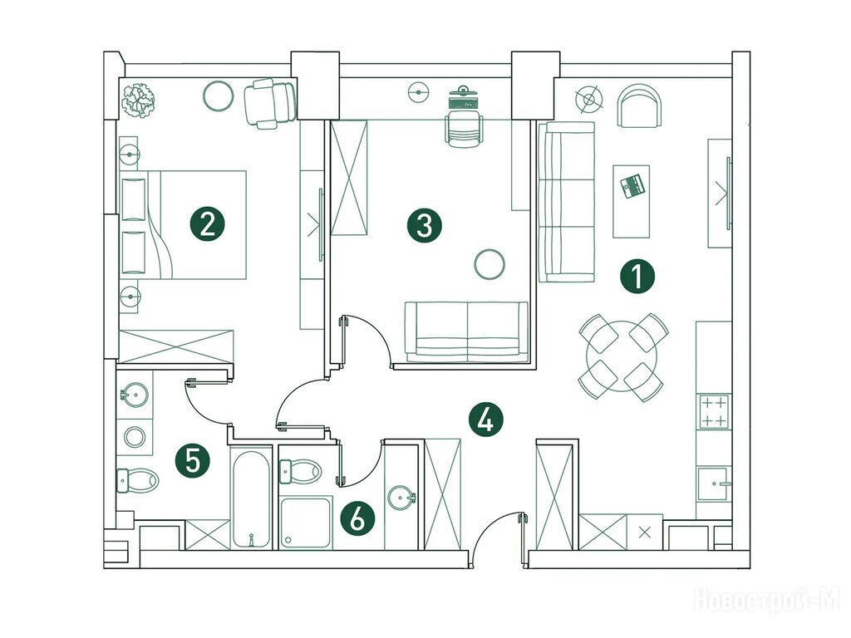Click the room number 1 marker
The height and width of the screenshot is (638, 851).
click(637, 276)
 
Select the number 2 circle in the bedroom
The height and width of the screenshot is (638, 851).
click(207, 223)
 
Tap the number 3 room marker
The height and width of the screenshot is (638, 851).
click(425, 224)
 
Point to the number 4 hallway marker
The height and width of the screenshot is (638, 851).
click(485, 420)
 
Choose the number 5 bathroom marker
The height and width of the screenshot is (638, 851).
click(193, 460)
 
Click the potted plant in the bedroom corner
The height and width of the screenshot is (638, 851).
click(139, 101)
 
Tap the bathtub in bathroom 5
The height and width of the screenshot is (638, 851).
click(250, 498)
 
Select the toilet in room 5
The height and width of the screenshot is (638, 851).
click(138, 480)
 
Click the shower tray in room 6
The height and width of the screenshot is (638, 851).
click(306, 523)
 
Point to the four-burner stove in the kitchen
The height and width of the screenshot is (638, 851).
click(714, 412)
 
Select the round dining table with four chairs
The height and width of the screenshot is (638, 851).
click(622, 357)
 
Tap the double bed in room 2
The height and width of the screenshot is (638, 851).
click(183, 224)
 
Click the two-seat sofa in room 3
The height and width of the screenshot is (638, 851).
click(466, 332)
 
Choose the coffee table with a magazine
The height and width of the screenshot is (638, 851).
click(632, 201)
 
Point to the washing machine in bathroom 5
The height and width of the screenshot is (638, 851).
click(135, 437)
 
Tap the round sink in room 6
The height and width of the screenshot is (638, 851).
click(401, 497)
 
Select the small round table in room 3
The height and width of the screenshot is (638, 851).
click(489, 265)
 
